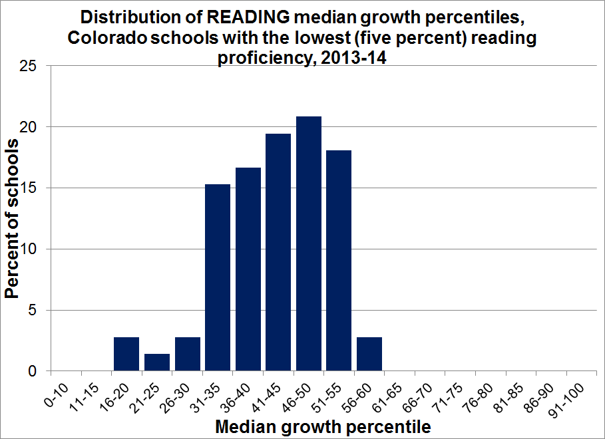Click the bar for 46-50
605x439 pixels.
309,243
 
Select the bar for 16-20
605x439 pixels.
126,354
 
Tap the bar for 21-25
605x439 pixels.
157,363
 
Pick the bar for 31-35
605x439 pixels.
218,277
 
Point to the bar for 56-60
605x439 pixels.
369,354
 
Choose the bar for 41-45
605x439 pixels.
278,252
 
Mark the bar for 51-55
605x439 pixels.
339,261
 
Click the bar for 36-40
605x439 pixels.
248,269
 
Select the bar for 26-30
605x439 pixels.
188,354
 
